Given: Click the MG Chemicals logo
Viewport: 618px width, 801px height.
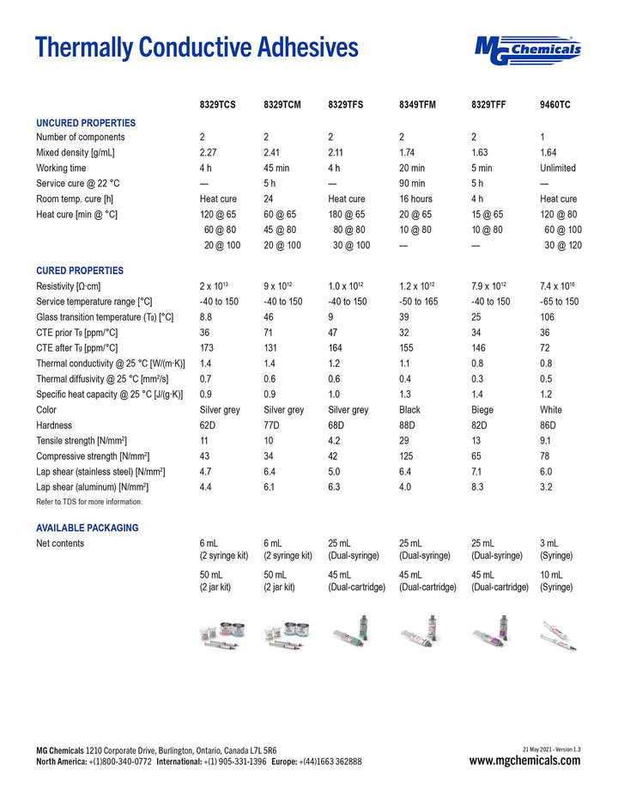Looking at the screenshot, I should coord(527,51).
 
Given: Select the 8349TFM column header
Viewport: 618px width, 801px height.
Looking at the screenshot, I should coord(417,105).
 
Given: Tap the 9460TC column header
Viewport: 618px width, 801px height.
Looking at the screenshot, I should coord(555,105).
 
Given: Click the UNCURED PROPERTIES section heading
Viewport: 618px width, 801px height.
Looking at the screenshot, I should coord(86,123).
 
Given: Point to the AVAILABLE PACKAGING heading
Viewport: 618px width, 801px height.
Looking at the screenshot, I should coord(87,528).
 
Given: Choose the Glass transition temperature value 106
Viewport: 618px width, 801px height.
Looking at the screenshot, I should coord(548,317).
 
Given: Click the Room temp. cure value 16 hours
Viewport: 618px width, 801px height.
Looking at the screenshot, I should coord(415,199).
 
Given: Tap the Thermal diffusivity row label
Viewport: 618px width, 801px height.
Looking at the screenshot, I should coord(102,379).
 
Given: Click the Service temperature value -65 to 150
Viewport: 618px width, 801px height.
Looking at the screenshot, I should coord(559,302).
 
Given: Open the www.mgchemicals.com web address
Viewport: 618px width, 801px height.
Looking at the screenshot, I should coord(524,761).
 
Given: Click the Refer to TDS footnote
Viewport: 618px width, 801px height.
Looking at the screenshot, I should coord(89,502).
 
